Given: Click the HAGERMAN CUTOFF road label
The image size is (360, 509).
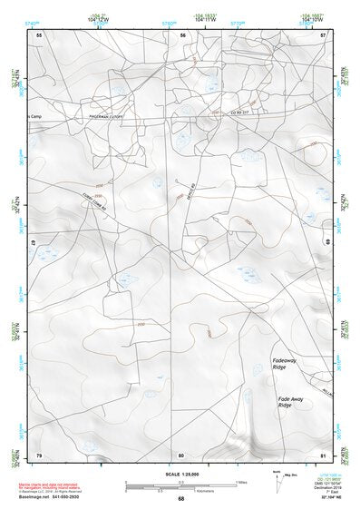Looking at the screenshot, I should pyautogui.click(x=106, y=116).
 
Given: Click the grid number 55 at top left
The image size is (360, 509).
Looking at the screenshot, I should pyautogui.click(x=38, y=34).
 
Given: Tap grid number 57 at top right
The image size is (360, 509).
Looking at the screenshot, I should pyautogui.click(x=323, y=34).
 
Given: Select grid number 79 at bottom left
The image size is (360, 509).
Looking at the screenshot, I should pyautogui.click(x=38, y=455).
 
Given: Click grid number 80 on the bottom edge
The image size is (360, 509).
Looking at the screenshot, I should pyautogui.click(x=181, y=455).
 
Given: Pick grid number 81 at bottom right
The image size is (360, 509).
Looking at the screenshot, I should pyautogui.click(x=323, y=455).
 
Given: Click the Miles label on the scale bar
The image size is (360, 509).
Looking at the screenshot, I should pyautogui.click(x=241, y=481).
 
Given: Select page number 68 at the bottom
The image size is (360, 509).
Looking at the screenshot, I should pyautogui.click(x=180, y=499).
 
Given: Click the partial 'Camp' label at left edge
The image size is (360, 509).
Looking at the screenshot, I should pyautogui.click(x=34, y=116).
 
